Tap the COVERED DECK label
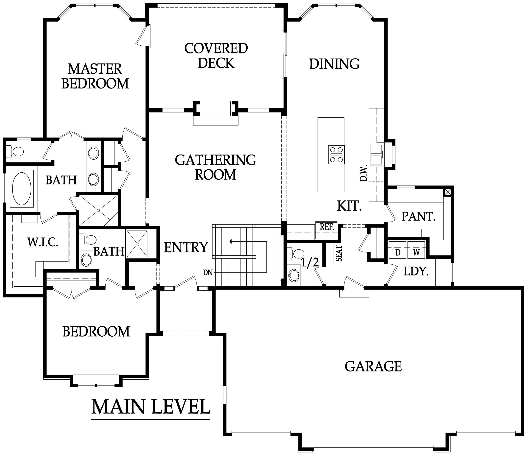tap(216, 56)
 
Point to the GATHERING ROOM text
tap(215, 167)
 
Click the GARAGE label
tap(373, 366)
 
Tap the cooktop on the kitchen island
tap(336, 155)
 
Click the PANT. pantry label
tap(418, 217)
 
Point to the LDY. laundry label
tap(416, 272)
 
